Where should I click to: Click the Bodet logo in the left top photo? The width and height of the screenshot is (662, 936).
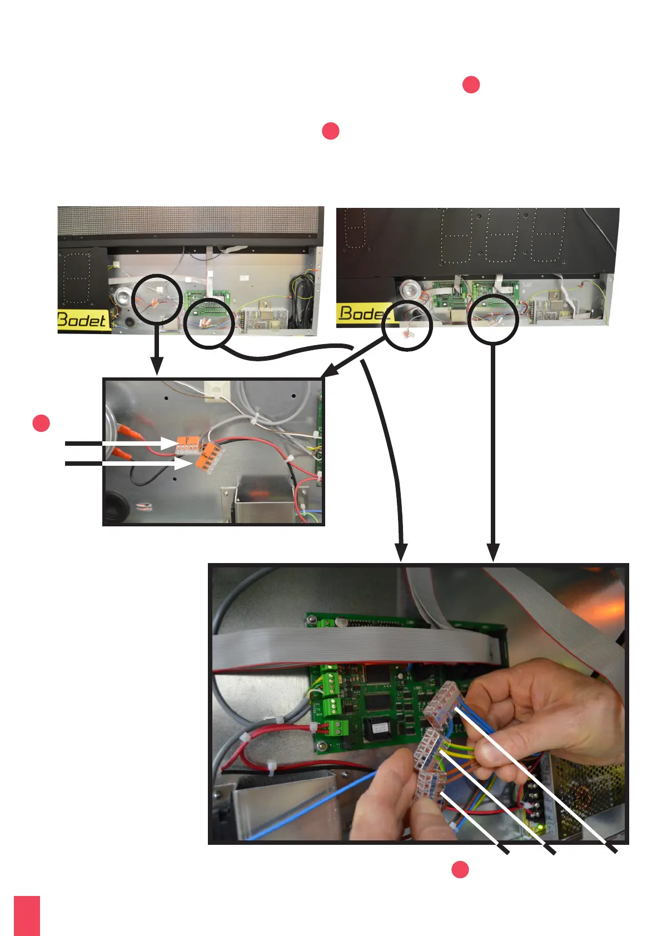click(x=81, y=320)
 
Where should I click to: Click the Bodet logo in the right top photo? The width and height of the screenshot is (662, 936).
click(x=362, y=313)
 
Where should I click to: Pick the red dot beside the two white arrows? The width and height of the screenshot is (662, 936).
click(x=41, y=423)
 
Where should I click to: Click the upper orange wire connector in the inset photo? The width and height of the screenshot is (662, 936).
click(x=188, y=444)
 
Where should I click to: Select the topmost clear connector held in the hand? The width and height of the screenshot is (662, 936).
click(x=442, y=705)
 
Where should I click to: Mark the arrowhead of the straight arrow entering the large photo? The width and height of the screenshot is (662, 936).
click(x=493, y=552)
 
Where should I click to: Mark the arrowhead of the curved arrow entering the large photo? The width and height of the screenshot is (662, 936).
click(x=401, y=552)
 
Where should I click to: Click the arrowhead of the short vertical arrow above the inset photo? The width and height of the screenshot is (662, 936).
click(x=157, y=367)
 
